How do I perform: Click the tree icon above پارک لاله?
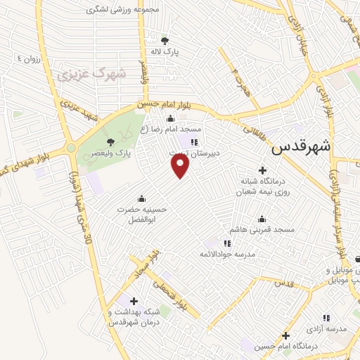165,40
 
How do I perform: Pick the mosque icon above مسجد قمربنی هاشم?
262,219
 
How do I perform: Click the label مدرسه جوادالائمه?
225,254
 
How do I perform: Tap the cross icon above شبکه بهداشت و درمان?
134,301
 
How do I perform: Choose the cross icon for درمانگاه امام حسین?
285,335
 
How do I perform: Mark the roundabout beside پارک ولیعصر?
71,148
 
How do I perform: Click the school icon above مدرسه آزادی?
326,318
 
